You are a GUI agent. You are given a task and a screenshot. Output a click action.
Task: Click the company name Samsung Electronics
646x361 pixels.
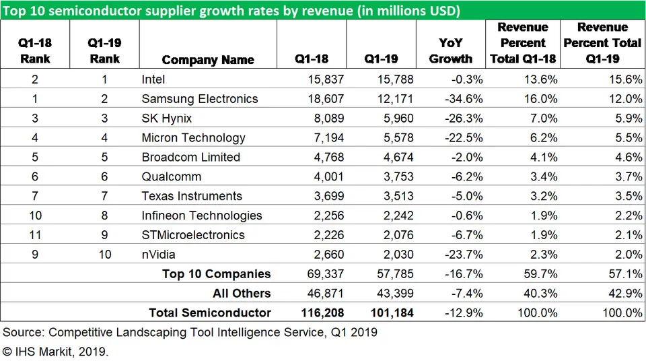199,99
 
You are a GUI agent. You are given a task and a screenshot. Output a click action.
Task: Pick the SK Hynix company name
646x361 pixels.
166,119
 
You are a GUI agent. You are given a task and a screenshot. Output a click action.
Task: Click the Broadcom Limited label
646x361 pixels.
190,158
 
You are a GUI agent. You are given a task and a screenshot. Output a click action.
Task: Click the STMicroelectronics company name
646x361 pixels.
193,236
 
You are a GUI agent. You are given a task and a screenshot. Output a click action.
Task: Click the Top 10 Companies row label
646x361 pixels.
216,274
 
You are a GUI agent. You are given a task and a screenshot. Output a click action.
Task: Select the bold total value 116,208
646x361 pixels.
322,313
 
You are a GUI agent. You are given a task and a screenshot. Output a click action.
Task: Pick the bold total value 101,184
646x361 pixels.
391,313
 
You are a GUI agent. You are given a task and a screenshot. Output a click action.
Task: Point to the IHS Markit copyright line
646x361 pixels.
55,352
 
